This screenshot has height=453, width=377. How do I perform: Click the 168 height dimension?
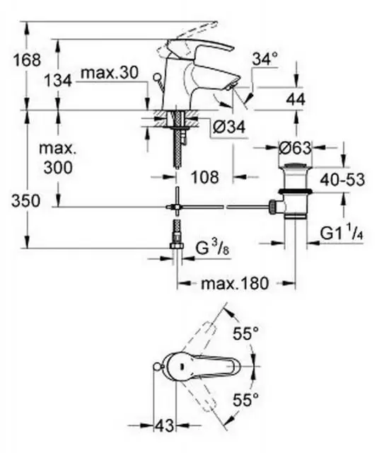tap(27, 60)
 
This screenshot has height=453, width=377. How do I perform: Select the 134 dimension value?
tap(58, 80)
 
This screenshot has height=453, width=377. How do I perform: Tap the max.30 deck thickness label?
tap(110, 73)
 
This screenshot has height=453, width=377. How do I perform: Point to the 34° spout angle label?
tap(265, 59)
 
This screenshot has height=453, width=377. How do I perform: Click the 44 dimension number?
tap(296, 100)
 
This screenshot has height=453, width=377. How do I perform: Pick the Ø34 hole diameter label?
tap(229, 127)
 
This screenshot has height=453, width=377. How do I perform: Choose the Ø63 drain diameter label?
tap(295, 148)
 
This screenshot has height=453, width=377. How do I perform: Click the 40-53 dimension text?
tap(342, 179)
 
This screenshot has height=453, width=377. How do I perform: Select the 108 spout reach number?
tap(205, 177)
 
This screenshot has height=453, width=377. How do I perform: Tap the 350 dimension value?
tap(25, 201)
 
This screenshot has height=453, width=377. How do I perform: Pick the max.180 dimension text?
tap(235, 283)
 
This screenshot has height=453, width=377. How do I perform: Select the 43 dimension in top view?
tap(164, 425)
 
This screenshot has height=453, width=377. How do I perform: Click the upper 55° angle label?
tap(246, 333)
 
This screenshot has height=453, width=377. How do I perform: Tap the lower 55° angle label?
tap(246, 400)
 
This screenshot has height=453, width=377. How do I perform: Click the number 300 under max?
tap(58, 167)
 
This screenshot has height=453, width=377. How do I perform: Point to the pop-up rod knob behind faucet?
tap(157, 77)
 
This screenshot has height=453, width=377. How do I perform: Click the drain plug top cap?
tap(295, 167)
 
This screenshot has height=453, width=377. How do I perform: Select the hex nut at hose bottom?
tap(176, 246)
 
